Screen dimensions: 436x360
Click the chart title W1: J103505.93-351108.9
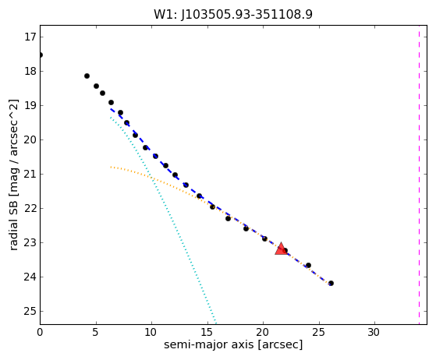tap(233, 14)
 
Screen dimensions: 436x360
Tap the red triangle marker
tap(281, 249)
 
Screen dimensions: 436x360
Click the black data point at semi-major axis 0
tap(41, 55)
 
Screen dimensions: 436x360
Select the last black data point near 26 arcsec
tap(331, 284)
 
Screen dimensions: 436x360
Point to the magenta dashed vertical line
tap(419, 175)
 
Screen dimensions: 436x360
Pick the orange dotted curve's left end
tap(111, 167)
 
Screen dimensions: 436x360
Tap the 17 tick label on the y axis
tap(30, 37)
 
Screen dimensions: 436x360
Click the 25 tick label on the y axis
tap(30, 312)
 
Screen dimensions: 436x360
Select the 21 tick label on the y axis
tap(30, 175)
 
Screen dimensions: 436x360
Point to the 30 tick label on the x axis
tap(374, 332)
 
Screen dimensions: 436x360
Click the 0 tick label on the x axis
tap(40, 332)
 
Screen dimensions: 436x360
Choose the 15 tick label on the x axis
tap(207, 332)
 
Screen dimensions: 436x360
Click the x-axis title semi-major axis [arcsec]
tap(233, 344)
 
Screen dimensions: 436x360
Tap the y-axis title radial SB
tap(13, 175)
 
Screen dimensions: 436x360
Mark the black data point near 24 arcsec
tap(308, 266)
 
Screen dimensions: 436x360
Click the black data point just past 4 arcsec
tap(87, 76)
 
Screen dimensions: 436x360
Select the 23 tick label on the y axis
tap(30, 243)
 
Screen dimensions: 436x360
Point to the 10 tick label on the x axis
tap(151, 332)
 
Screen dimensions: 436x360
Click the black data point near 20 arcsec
tap(264, 239)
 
